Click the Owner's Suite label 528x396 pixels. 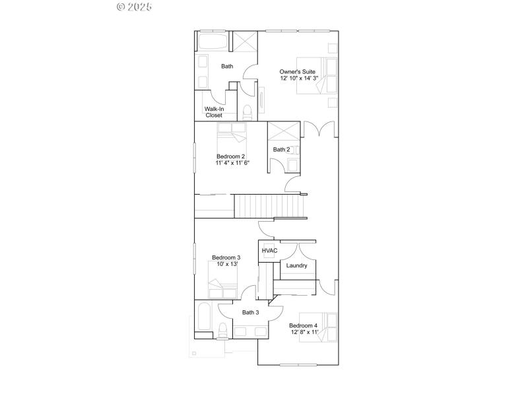pyautogui.click(x=297, y=71)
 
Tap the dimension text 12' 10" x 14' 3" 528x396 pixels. pyautogui.click(x=298, y=79)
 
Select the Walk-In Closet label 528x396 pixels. pyautogui.click(x=214, y=112)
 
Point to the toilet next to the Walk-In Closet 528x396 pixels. pyautogui.click(x=247, y=112)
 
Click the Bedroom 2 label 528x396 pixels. pyautogui.click(x=232, y=156)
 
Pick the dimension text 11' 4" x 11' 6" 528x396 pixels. pyautogui.click(x=232, y=163)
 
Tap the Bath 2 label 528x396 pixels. pyautogui.click(x=281, y=150)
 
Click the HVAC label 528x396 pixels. pyautogui.click(x=269, y=251)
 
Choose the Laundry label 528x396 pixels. pyautogui.click(x=297, y=266)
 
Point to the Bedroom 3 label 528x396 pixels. pyautogui.click(x=226, y=257)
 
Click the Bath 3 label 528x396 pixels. pyautogui.click(x=250, y=313)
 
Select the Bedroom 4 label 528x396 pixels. pyautogui.click(x=303, y=325)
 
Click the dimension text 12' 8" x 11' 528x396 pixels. pyautogui.click(x=304, y=333)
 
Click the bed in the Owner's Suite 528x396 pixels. pyautogui.click(x=317, y=75)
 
